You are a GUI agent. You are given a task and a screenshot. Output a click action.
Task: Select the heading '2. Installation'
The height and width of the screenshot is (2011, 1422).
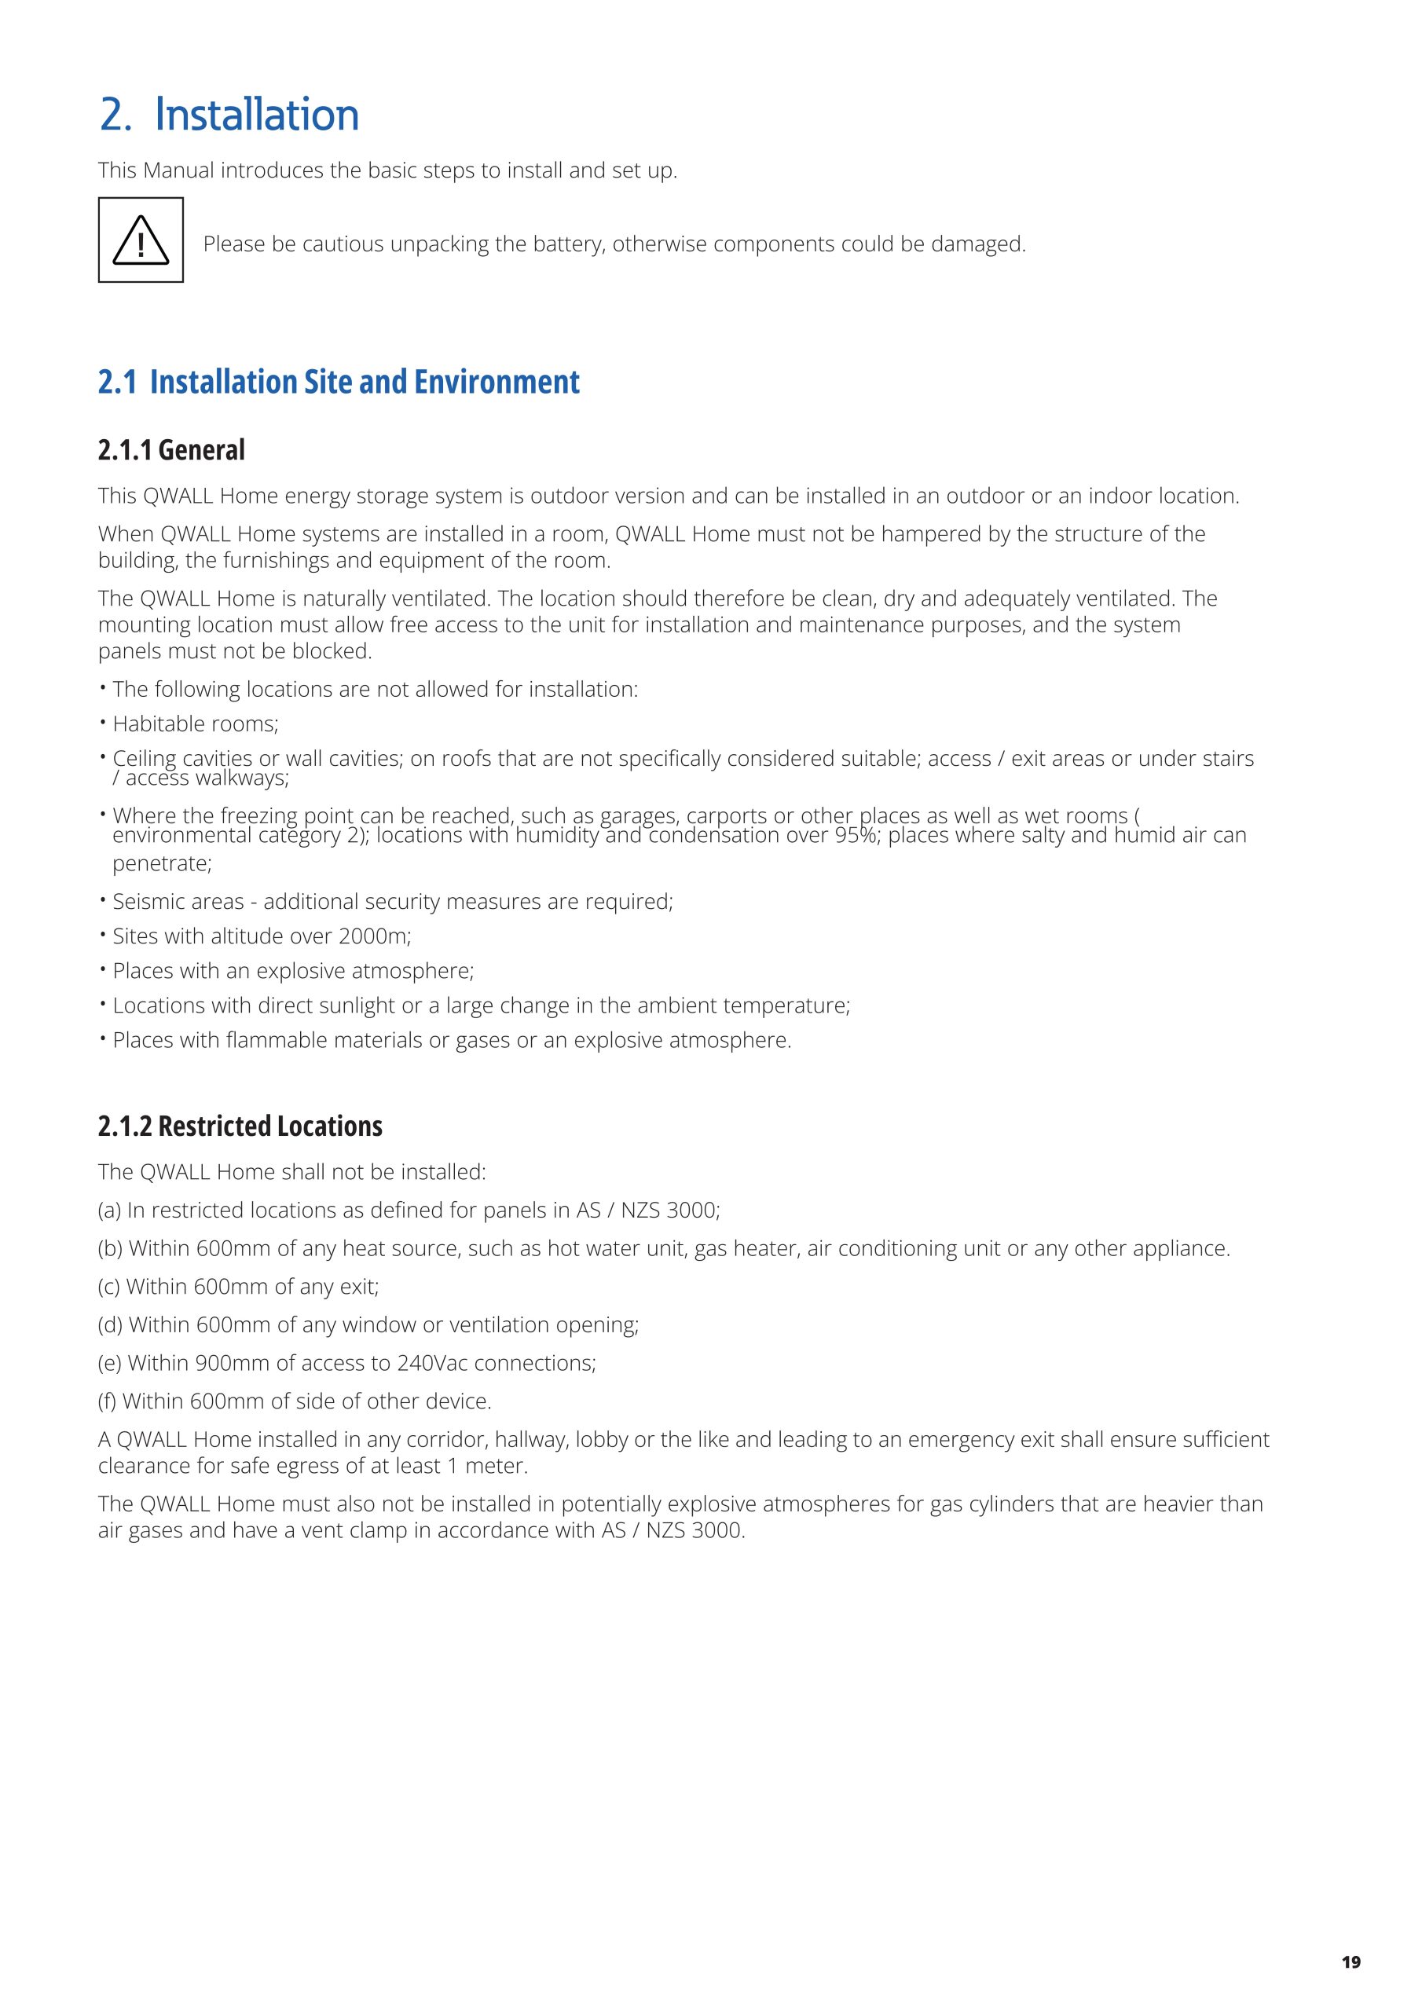point(229,115)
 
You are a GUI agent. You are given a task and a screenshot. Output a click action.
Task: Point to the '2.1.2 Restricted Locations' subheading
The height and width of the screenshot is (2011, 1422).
point(240,1126)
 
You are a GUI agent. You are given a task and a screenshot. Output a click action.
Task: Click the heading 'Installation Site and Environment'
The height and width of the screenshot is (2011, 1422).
point(365,382)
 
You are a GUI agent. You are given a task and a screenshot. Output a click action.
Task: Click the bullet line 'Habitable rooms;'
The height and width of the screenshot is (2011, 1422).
point(196,723)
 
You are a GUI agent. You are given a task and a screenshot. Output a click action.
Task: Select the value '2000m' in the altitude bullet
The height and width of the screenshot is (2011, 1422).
point(374,936)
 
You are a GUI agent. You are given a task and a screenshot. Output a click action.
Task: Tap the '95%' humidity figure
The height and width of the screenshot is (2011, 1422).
point(857,836)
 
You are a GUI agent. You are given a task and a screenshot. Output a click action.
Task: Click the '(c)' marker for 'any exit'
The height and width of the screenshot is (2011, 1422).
point(109,1287)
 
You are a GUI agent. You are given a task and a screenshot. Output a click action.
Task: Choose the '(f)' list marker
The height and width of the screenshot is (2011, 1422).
point(108,1401)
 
